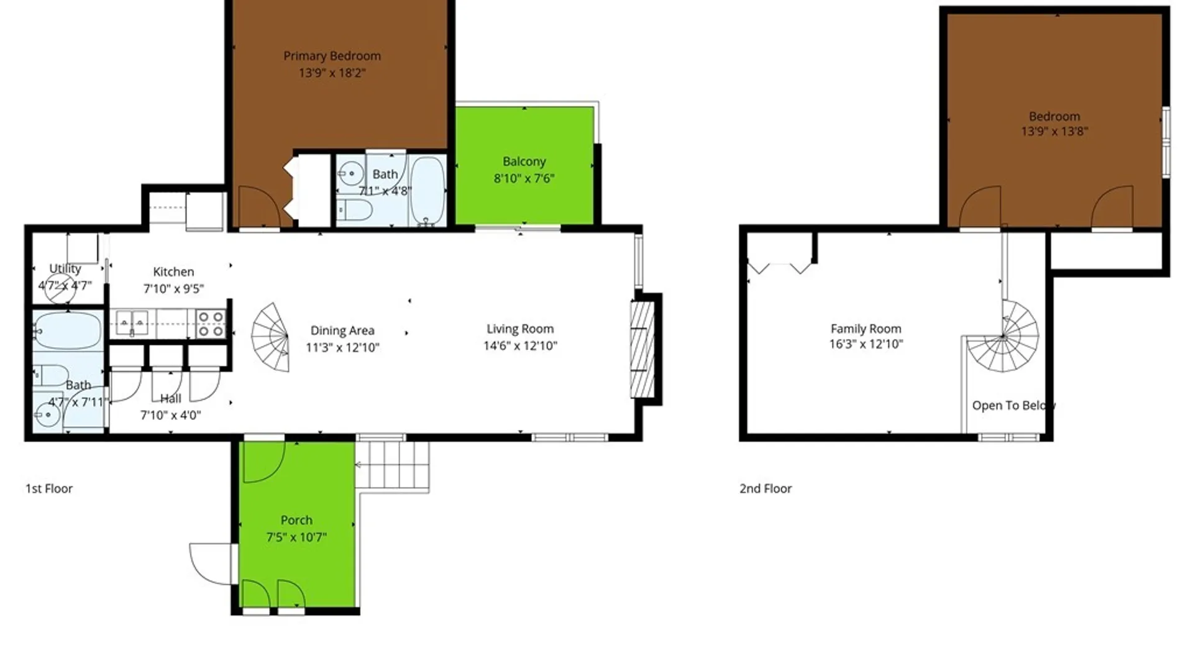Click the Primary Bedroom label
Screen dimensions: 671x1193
coord(332,56)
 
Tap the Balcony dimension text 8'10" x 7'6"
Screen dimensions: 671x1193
coord(524,178)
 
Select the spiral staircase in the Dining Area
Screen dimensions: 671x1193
coord(272,337)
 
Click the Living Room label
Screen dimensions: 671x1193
coord(520,329)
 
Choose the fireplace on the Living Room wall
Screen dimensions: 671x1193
coord(642,349)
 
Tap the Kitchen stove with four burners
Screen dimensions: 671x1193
coord(211,324)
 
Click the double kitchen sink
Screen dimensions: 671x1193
coord(132,323)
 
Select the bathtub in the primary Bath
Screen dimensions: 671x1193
coord(427,189)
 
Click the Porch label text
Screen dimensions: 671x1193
coord(296,520)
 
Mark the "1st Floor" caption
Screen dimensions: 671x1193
coord(49,488)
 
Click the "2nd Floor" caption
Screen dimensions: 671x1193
coord(766,488)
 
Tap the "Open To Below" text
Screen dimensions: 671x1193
coord(1013,405)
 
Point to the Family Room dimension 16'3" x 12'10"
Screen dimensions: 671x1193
coord(866,344)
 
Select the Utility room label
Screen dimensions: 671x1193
coord(65,268)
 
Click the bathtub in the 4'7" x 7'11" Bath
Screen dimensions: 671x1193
coord(67,331)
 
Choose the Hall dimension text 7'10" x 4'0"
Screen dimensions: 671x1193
coord(171,415)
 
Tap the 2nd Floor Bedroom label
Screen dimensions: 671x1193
coord(1054,116)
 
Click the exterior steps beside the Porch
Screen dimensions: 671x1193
coord(392,465)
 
